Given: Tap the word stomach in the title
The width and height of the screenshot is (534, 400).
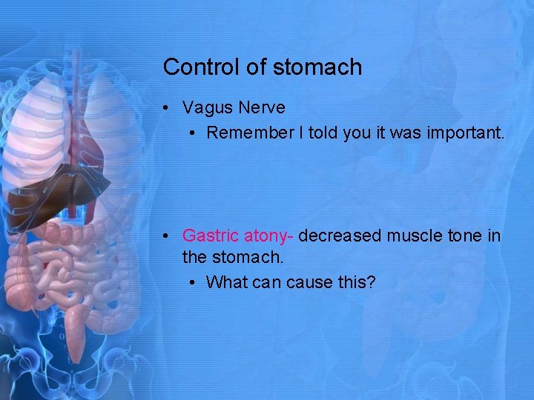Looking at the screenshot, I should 317,67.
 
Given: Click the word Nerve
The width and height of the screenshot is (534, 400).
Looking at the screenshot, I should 261,108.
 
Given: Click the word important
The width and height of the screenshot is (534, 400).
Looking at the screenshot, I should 466,133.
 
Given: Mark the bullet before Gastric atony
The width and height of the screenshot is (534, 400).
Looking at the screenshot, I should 169,236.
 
